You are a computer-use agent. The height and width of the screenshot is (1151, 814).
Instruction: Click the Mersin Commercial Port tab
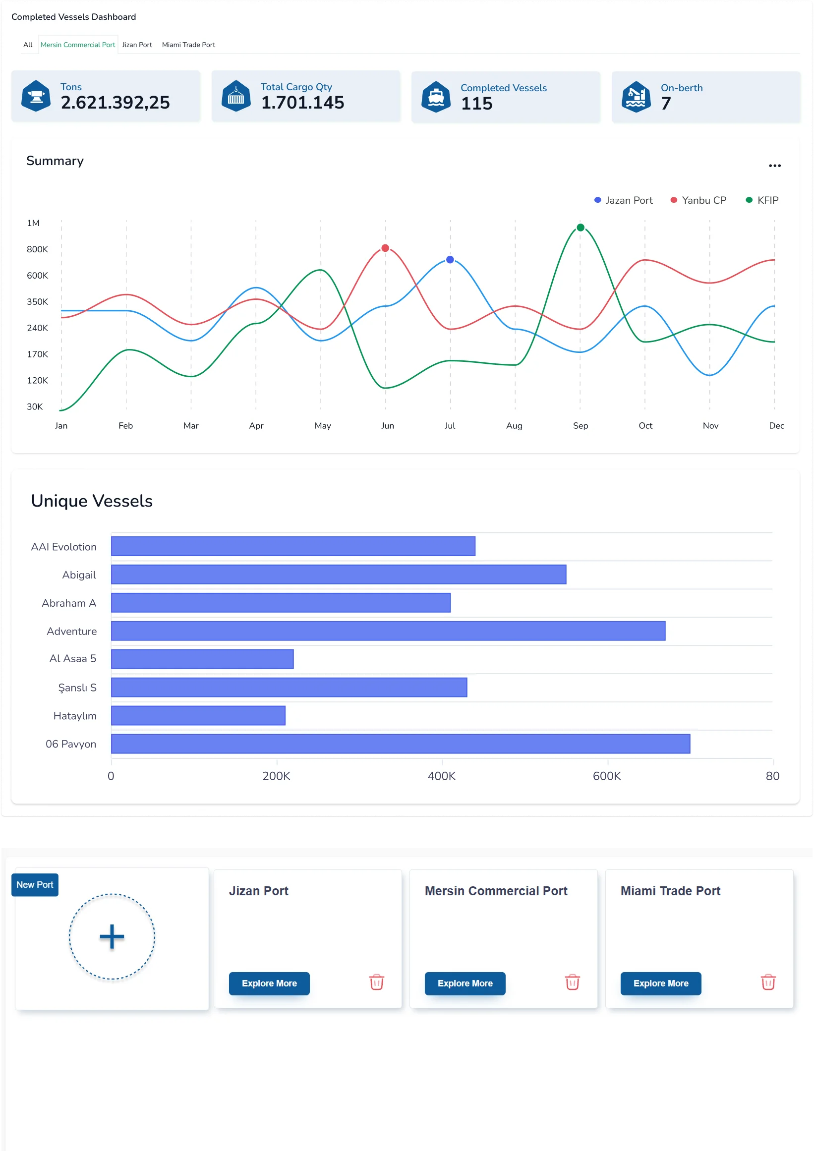pyautogui.click(x=78, y=45)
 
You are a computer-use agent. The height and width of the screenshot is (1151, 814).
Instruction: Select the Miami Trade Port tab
pyautogui.click(x=188, y=45)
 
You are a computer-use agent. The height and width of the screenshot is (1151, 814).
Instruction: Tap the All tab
pyautogui.click(x=28, y=45)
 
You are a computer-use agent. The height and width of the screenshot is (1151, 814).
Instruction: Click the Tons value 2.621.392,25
pyautogui.click(x=116, y=103)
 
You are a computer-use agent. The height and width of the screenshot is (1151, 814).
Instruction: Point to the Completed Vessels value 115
pyautogui.click(x=477, y=104)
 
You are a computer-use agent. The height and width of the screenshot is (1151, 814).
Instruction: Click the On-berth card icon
pyautogui.click(x=636, y=97)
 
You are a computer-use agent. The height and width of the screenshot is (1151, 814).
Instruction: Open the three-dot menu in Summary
pyautogui.click(x=774, y=166)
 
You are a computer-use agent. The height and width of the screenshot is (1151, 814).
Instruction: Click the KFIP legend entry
pyautogui.click(x=762, y=201)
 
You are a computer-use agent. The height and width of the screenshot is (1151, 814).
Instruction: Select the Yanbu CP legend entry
pyautogui.click(x=698, y=201)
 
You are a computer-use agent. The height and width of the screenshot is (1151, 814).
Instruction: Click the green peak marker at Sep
pyautogui.click(x=581, y=228)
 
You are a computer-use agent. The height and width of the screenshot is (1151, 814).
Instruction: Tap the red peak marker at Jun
pyautogui.click(x=386, y=248)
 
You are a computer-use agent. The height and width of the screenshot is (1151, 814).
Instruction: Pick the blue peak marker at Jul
pyautogui.click(x=450, y=260)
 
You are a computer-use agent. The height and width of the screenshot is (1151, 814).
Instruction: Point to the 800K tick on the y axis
pyautogui.click(x=38, y=249)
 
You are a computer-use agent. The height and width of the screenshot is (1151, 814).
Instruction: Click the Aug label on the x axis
pyautogui.click(x=514, y=426)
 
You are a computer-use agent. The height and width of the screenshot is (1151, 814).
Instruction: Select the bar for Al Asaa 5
pyautogui.click(x=202, y=659)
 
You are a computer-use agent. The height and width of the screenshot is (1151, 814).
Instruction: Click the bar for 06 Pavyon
pyautogui.click(x=401, y=744)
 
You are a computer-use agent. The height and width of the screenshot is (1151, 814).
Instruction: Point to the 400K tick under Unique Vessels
pyautogui.click(x=442, y=776)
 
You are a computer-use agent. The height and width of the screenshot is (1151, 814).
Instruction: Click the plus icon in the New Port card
pyautogui.click(x=112, y=936)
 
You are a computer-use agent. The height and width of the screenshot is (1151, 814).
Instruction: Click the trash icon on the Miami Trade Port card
pyautogui.click(x=768, y=982)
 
